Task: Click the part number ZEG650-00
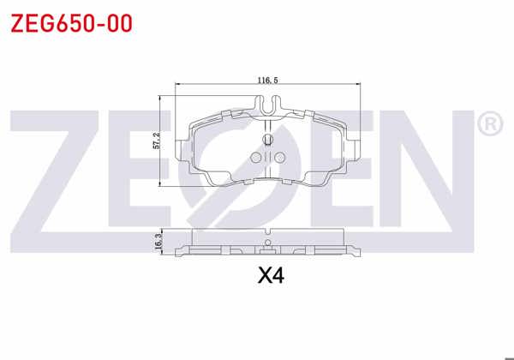[70, 23]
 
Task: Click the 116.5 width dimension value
[267, 80]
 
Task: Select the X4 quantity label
[270, 276]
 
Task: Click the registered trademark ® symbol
[488, 125]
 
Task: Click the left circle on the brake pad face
[255, 157]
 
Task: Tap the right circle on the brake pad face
[279, 157]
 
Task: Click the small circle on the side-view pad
[269, 246]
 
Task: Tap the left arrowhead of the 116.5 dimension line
[177, 84]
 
